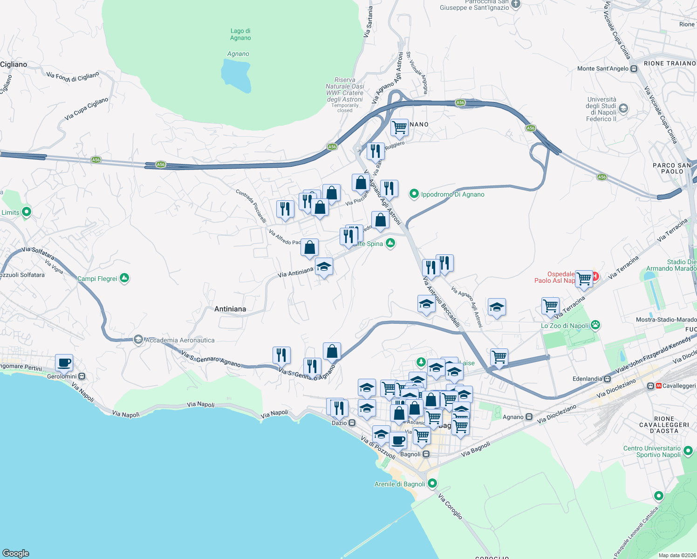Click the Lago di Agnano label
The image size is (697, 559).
[240, 34]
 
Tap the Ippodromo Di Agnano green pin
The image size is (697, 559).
[414, 194]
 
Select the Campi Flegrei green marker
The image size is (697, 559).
[124, 279]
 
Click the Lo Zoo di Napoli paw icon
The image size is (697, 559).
[595, 325]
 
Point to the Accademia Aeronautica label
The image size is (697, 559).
[180, 340]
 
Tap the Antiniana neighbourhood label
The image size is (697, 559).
[230, 309]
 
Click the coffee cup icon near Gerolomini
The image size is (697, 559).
[64, 362]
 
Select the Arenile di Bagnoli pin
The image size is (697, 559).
[432, 484]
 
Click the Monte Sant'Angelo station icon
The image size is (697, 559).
[634, 69]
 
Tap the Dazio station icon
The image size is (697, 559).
[352, 423]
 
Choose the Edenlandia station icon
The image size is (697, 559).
[608, 379]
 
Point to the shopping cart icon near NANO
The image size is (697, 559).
[399, 127]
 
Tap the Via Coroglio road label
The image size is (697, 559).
[451, 507]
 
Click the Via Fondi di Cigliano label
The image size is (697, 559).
[73, 77]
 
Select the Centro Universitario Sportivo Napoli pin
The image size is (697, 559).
[688, 451]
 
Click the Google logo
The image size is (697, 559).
[16, 553]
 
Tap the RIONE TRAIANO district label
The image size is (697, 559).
[670, 63]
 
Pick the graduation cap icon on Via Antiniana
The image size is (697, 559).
[324, 267]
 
